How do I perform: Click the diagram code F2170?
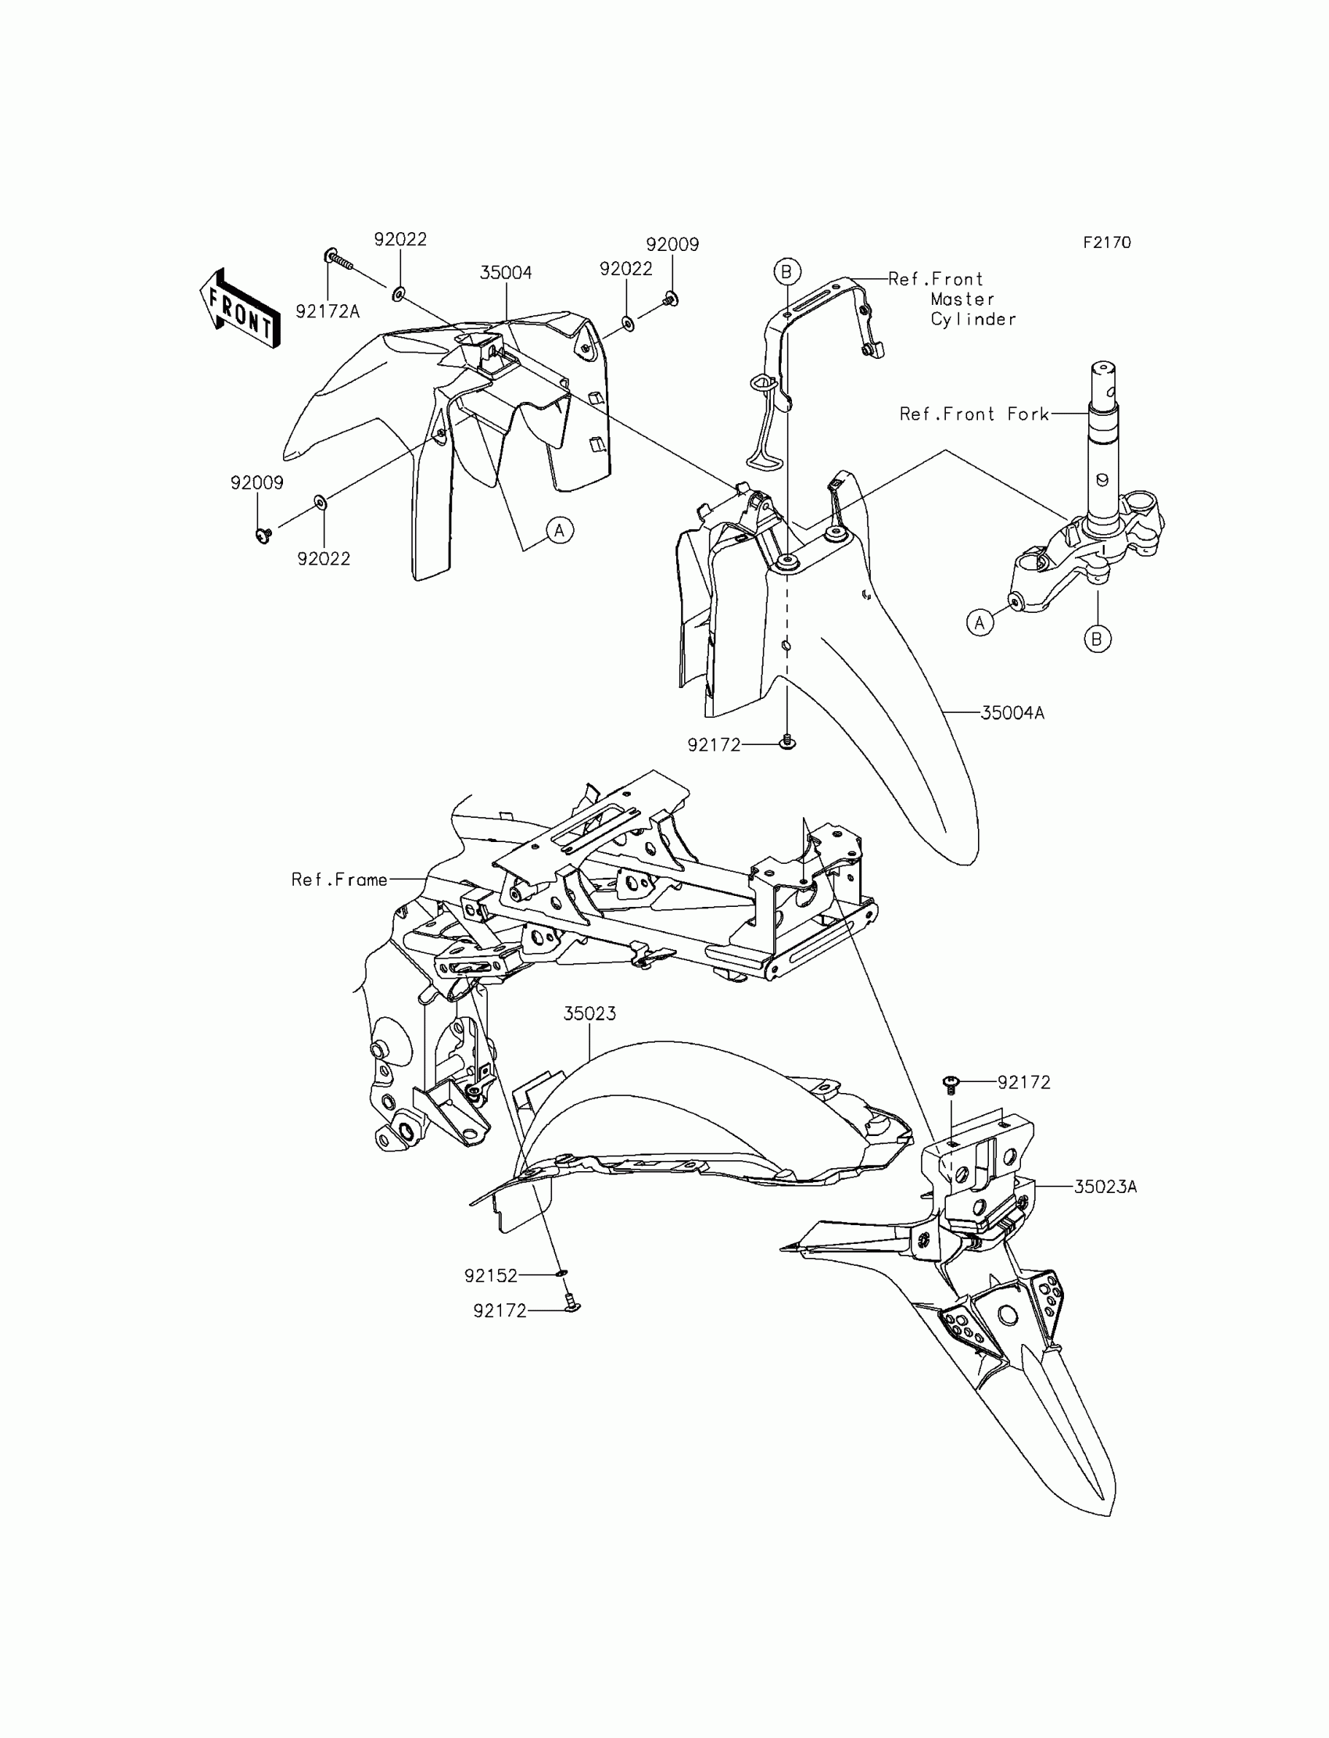tap(1107, 243)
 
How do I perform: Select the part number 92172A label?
tap(328, 312)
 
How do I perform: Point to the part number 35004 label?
tap(506, 273)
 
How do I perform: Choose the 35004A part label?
tap(1012, 713)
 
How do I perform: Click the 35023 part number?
tap(589, 1013)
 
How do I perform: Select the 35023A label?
tap(1105, 1187)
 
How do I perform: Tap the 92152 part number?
tap(490, 1276)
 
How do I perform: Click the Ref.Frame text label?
tap(339, 880)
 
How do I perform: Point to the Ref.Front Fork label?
tap(974, 414)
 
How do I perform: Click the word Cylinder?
tap(973, 320)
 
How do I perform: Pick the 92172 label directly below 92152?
tap(500, 1311)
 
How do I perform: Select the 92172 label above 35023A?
tap(1023, 1082)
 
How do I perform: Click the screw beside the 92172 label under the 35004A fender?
tap(787, 742)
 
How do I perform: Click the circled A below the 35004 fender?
tap(559, 530)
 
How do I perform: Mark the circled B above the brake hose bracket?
tap(787, 272)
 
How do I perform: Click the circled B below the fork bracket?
tap(1098, 639)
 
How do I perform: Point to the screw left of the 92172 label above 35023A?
tap(951, 1083)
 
